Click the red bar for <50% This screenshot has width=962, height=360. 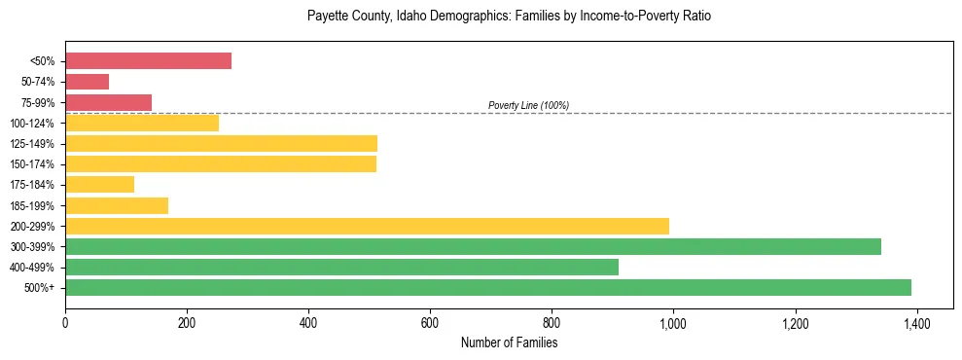(x=148, y=61)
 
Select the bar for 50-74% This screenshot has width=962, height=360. (x=87, y=82)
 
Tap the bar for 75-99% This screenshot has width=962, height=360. (x=108, y=102)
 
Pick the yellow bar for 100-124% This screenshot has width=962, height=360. (x=142, y=123)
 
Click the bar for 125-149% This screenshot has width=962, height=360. (x=221, y=144)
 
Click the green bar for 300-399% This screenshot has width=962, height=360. (x=473, y=246)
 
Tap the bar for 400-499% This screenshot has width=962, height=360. (x=341, y=267)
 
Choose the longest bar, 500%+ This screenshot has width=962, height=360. (x=488, y=287)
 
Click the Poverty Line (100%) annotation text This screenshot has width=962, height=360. (x=528, y=105)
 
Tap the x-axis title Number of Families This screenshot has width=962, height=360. (x=509, y=342)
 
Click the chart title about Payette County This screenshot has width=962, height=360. (x=509, y=17)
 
